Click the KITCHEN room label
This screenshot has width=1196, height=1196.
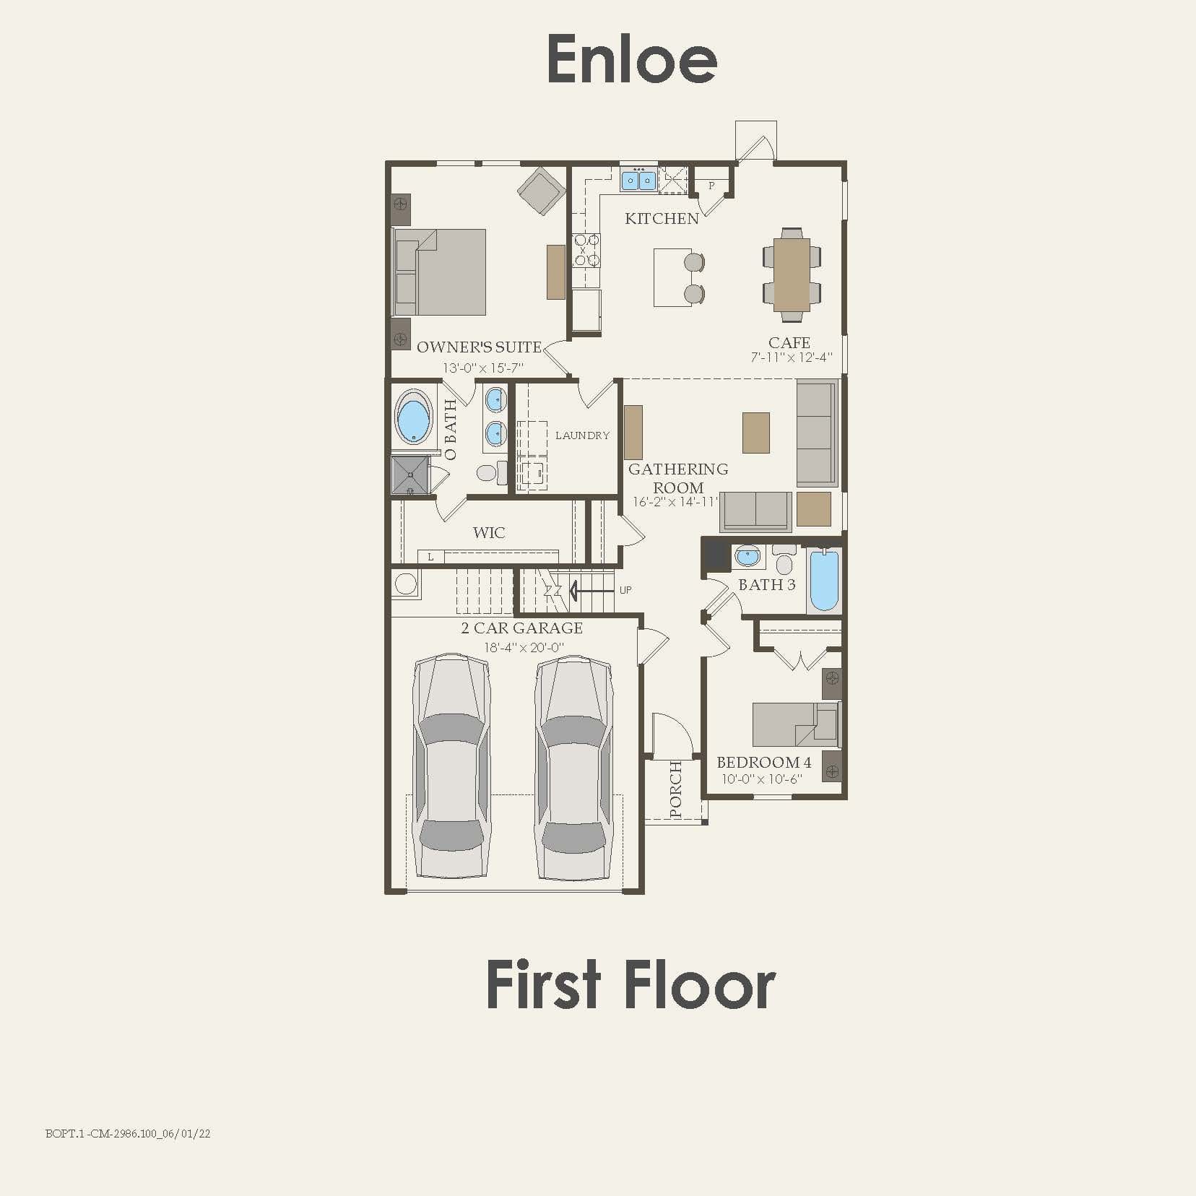pos(662,218)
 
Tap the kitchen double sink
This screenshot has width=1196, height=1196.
pos(638,179)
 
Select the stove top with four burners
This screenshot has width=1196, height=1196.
pos(586,250)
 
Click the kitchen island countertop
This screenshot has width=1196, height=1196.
pos(672,277)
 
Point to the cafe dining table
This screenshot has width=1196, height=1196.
pos(792,274)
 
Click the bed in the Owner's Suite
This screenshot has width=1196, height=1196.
pos(440,272)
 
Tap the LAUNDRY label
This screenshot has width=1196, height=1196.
pos(582,435)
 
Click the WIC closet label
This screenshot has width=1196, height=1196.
pos(489,533)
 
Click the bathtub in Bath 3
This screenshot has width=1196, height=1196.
pos(824,581)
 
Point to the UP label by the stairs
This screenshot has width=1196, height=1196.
pos(625,590)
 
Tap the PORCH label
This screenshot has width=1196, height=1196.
pos(675,789)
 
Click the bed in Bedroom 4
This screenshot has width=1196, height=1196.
pos(794,724)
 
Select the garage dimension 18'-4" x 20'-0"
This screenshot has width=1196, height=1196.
pos(523,648)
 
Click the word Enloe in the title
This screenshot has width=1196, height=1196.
pos(632,59)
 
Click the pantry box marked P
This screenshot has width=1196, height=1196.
pos(711,186)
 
